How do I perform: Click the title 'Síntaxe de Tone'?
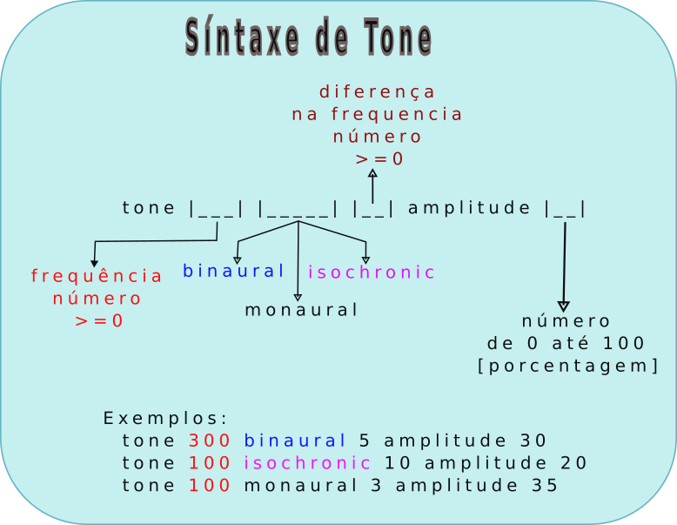[x=308, y=38]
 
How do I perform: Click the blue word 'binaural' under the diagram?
[x=234, y=271]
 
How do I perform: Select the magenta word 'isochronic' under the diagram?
[x=372, y=273]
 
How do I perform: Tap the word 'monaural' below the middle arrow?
[x=301, y=310]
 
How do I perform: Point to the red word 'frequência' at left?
[x=97, y=276]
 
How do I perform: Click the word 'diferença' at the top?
[x=377, y=91]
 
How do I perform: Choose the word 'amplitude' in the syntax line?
[x=469, y=207]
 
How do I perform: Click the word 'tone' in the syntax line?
[x=150, y=207]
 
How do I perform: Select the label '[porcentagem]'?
[x=567, y=366]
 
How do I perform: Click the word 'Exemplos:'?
[x=165, y=417]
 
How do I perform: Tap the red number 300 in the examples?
[x=210, y=441]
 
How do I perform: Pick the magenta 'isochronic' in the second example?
[x=307, y=462]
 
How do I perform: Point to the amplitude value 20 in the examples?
[x=574, y=462]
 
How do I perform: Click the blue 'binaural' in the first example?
[x=295, y=441]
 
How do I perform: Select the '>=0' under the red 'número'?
[x=98, y=320]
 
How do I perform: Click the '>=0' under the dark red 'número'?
[x=379, y=159]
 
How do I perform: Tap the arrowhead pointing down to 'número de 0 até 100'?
[x=564, y=306]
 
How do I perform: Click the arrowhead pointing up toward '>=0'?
[x=372, y=173]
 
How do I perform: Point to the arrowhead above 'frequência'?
[x=94, y=263]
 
